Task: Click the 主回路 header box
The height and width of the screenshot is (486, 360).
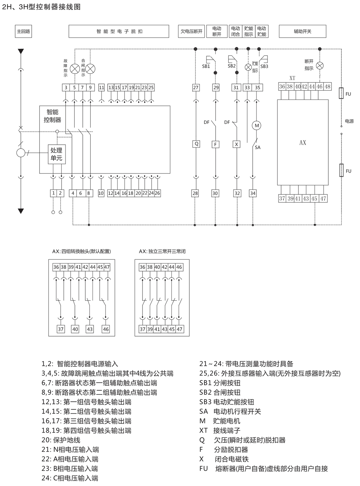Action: click(23, 31)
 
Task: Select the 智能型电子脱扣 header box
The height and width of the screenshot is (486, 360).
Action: click(119, 31)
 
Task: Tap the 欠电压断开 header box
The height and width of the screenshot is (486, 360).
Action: click(192, 31)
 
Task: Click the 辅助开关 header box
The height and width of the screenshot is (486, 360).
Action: click(302, 31)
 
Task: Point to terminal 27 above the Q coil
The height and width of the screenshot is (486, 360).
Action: click(195, 87)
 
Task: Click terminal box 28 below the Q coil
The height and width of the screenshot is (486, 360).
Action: click(195, 193)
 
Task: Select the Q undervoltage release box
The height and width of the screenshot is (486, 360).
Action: click(196, 144)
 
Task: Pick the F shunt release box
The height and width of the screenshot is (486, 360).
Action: click(216, 144)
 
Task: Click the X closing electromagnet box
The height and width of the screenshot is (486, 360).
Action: click(237, 144)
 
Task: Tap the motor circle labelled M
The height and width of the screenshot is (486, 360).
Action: click(257, 125)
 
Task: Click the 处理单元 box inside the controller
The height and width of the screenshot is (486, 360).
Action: click(57, 154)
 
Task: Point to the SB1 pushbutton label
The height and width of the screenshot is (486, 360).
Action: click(206, 66)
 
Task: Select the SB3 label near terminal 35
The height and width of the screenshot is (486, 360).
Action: click(264, 66)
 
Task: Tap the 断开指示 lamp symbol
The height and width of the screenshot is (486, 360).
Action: click(319, 65)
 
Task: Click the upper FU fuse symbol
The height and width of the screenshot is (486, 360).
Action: click(341, 94)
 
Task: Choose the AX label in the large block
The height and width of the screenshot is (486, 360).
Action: click(303, 143)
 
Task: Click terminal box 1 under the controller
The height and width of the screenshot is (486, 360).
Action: click(54, 193)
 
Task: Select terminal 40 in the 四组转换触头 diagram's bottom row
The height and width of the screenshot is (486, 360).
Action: click(75, 329)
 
